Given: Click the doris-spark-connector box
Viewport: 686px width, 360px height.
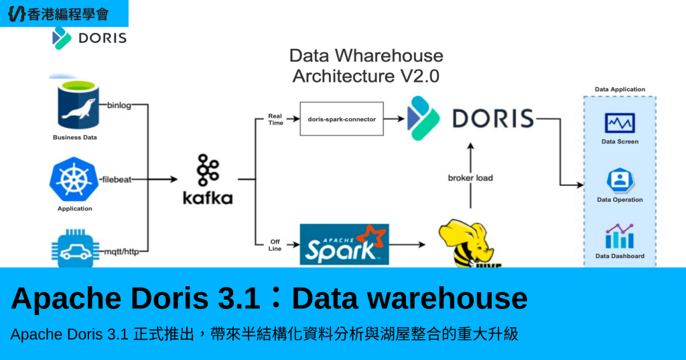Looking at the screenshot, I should (342, 119).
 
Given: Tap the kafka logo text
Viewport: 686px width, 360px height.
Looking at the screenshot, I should (208, 198).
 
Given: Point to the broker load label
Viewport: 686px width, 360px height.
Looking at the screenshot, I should (470, 178).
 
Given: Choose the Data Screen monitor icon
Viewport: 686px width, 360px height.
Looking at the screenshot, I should (620, 123).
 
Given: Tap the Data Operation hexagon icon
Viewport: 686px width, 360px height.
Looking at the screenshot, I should (620, 180).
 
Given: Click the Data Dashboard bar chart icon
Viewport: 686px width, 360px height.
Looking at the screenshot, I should (620, 236).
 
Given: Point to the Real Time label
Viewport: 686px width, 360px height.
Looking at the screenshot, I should (275, 119).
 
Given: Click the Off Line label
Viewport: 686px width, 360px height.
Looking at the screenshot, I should (275, 245).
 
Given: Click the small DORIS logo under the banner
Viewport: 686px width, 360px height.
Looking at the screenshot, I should (90, 38).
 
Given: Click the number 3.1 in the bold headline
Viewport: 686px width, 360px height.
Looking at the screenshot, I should (239, 298).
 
